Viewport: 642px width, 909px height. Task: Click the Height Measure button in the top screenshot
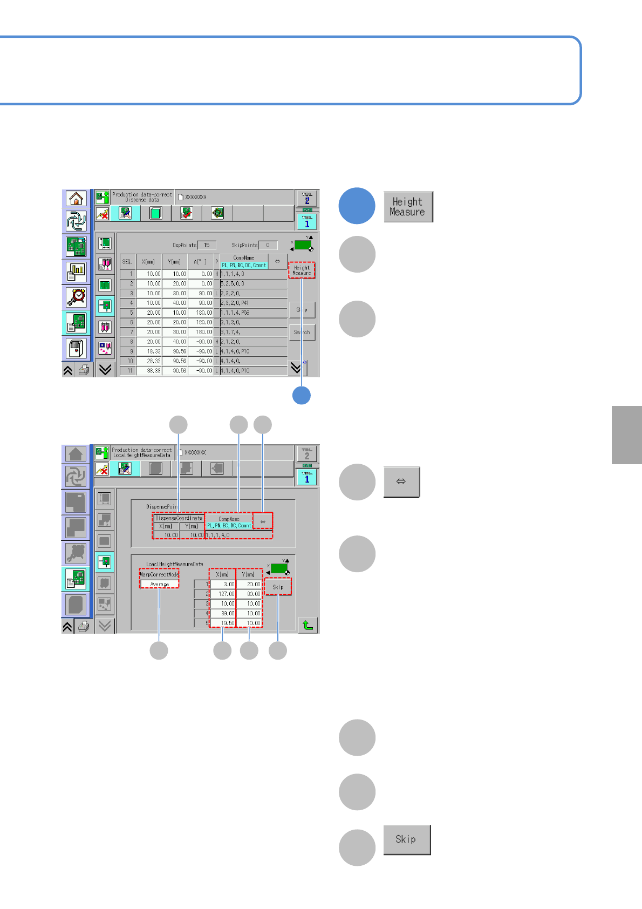click(302, 270)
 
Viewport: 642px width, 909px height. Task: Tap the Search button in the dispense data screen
click(302, 332)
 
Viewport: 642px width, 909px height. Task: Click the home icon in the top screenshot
click(76, 198)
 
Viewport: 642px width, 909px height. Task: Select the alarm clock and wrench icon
click(76, 297)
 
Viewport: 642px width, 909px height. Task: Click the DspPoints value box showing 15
click(207, 245)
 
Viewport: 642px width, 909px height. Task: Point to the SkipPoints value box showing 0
click(268, 245)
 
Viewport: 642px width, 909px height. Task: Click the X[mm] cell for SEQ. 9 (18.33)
click(149, 351)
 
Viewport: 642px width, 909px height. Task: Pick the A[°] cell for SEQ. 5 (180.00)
click(201, 313)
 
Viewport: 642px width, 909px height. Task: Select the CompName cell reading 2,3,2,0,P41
click(254, 303)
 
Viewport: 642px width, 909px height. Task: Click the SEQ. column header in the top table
click(127, 261)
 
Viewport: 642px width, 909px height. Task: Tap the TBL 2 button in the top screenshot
click(307, 198)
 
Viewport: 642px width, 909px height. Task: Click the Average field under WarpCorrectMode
click(159, 584)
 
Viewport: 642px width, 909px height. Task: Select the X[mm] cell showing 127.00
click(223, 594)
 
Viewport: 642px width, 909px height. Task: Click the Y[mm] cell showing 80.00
click(249, 594)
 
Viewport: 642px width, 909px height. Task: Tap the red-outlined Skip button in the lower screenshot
click(278, 587)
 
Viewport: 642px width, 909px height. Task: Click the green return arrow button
click(308, 625)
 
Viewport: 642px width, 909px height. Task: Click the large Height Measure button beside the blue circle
click(408, 207)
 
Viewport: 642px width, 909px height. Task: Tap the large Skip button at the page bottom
click(407, 839)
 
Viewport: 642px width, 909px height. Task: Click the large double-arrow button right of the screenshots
click(401, 481)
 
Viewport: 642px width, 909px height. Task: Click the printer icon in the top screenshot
click(84, 370)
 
